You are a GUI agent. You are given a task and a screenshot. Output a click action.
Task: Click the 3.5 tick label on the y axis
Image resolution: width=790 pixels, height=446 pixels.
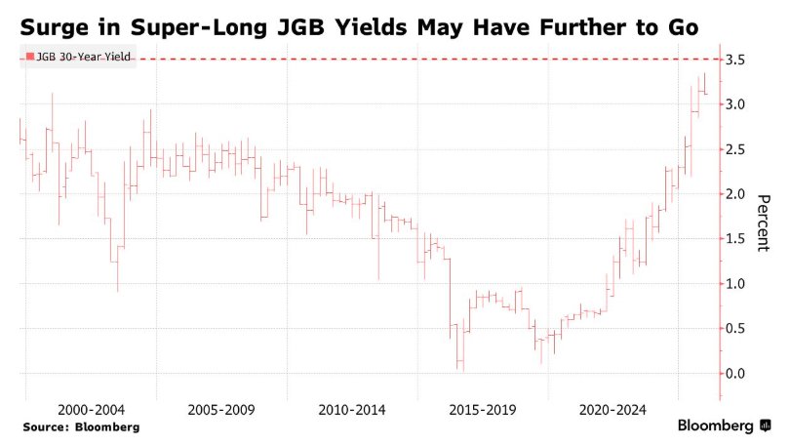(x=736, y=60)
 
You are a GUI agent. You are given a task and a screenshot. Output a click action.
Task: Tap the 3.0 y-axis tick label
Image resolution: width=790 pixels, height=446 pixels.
(x=736, y=104)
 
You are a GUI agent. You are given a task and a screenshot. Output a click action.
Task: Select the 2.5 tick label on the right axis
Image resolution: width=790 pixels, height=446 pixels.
(x=736, y=149)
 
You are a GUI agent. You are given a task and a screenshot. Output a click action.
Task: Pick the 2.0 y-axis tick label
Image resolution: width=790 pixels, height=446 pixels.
(x=736, y=194)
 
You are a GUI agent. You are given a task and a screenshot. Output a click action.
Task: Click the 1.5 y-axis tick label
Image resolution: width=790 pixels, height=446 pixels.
(x=736, y=239)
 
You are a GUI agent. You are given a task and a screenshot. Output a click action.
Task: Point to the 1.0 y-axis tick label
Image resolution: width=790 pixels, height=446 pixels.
(x=736, y=284)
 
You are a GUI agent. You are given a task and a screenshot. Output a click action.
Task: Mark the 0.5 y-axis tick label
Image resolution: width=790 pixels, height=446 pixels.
(x=736, y=329)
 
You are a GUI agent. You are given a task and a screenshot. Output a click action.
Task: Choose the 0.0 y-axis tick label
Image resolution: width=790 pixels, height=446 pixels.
(x=736, y=374)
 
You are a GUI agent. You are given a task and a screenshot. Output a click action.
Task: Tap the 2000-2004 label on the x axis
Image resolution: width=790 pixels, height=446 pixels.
(x=90, y=410)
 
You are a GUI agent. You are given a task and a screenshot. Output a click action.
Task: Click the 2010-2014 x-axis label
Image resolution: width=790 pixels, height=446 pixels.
(x=351, y=410)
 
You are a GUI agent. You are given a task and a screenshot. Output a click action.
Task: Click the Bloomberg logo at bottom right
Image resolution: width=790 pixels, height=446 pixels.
(x=722, y=426)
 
